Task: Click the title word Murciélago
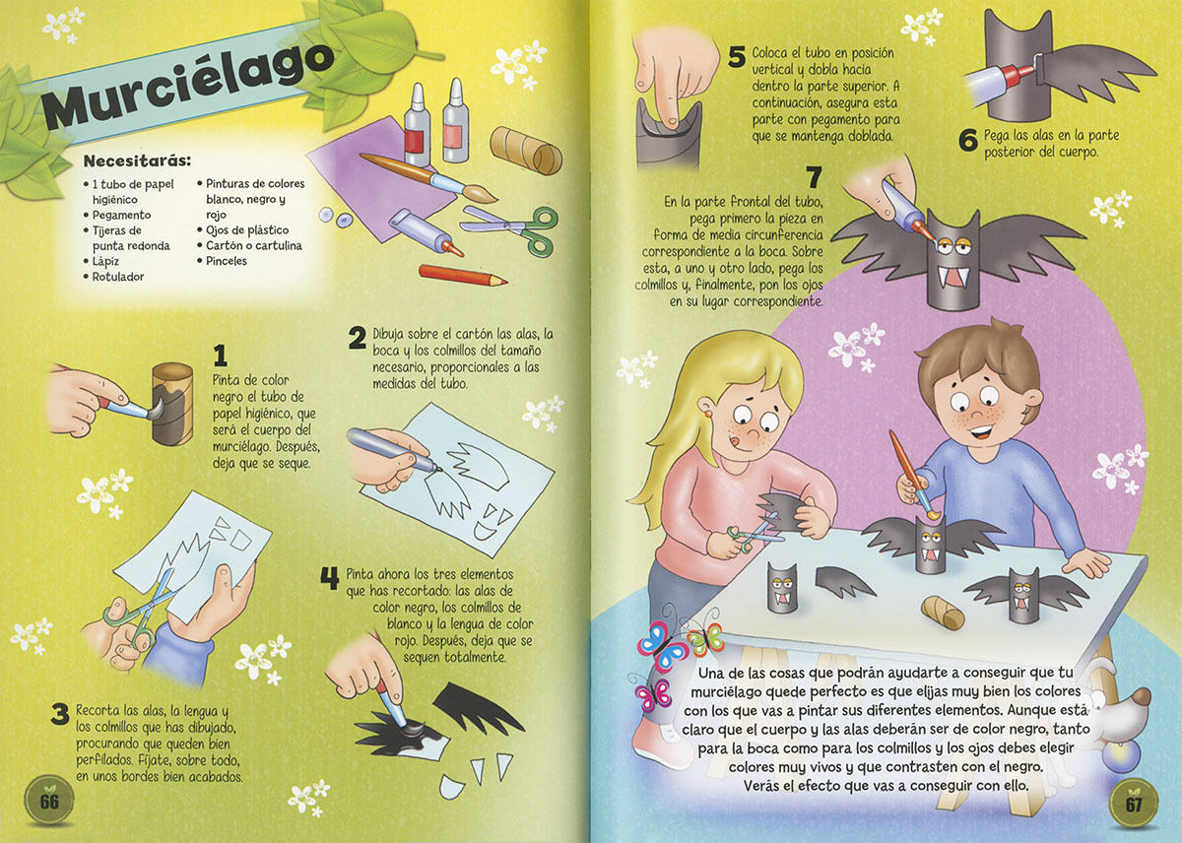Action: [x=187, y=88]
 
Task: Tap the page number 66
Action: [x=49, y=802]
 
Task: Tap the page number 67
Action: [x=1134, y=804]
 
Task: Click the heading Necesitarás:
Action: [x=137, y=161]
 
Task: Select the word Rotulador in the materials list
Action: [x=117, y=277]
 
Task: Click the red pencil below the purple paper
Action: [x=463, y=275]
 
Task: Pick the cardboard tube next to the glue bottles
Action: [x=526, y=150]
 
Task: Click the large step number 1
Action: [x=220, y=356]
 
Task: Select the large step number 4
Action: [x=330, y=579]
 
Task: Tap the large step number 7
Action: [x=815, y=177]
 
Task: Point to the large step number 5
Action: [x=737, y=56]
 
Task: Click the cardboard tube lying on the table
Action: [x=943, y=613]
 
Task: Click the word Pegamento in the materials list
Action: [x=121, y=215]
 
